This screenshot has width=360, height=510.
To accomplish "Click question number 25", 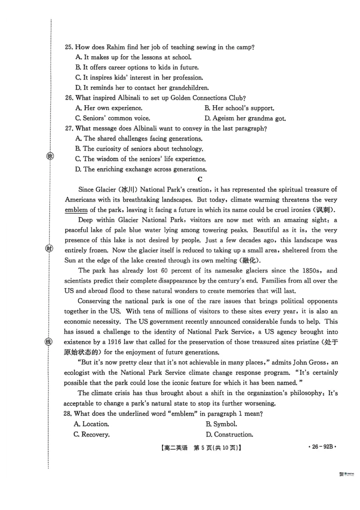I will tap(69, 47).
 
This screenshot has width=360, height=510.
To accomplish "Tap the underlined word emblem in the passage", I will tap(76, 210).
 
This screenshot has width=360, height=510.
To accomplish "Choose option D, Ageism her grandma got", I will tap(245, 118).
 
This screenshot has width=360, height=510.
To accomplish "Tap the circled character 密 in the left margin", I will tap(50, 157).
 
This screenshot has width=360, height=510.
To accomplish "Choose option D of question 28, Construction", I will tap(229, 434).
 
